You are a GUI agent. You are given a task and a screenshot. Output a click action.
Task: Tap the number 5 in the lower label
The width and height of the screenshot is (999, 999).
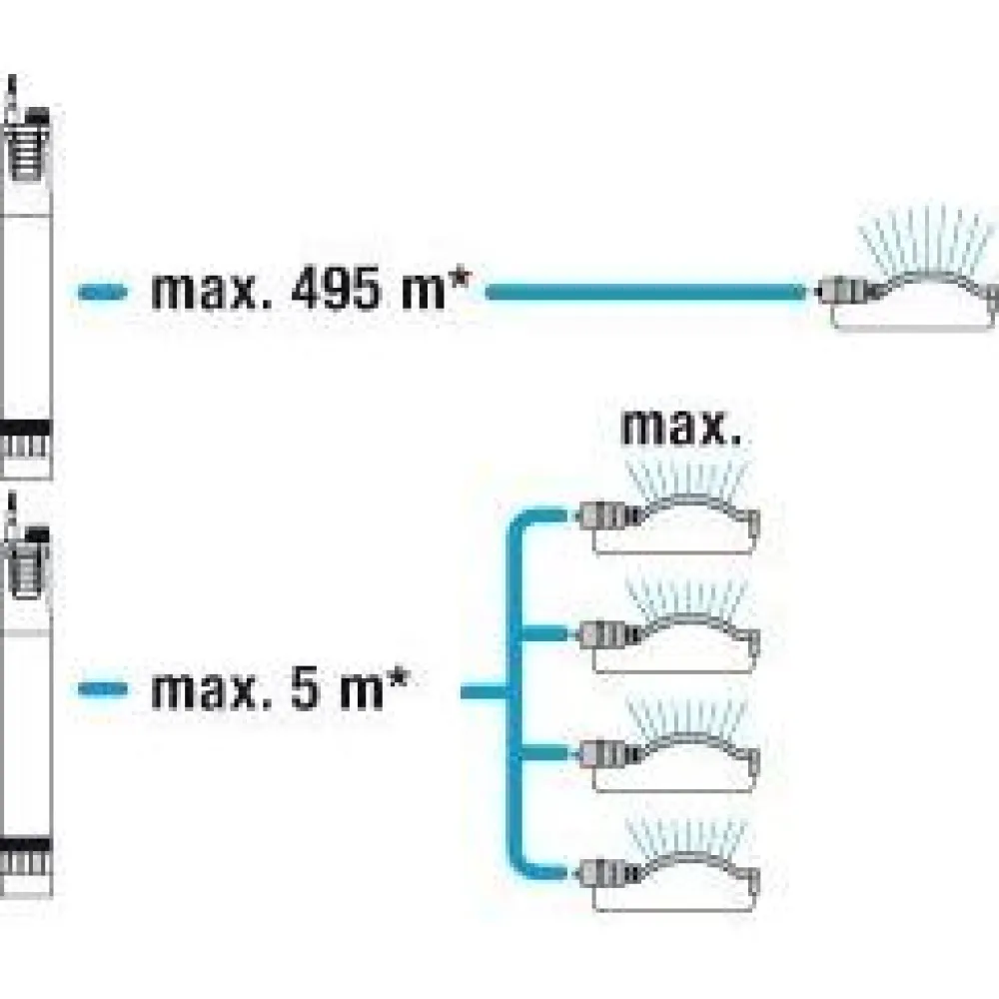(306, 688)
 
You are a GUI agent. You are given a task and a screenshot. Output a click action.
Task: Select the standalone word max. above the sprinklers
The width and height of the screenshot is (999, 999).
(681, 428)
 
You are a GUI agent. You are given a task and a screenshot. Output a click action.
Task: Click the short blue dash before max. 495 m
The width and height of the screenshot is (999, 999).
(103, 293)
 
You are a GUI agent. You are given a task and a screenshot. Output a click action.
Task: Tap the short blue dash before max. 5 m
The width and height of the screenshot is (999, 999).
(103, 688)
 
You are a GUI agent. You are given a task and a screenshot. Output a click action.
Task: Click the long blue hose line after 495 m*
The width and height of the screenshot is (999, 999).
(646, 293)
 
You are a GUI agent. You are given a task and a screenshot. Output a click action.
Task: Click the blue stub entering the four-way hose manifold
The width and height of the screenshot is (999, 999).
(485, 691)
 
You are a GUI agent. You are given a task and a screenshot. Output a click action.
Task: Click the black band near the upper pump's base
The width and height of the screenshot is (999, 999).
(26, 428)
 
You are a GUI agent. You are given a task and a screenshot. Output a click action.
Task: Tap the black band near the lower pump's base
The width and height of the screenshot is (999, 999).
(26, 846)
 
